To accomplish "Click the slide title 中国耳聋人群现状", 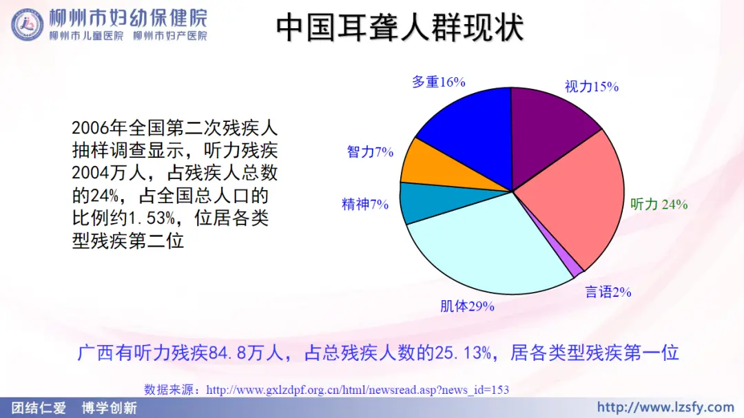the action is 400,28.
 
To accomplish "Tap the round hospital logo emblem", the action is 27,25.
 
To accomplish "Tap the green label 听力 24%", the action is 659,205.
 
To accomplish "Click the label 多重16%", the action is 438,82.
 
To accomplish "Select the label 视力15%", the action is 591,87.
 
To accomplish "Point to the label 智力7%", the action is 370,151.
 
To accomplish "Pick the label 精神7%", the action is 365,205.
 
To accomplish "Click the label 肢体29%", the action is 467,306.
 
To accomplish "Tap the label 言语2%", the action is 608,292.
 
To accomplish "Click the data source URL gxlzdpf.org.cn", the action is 358,390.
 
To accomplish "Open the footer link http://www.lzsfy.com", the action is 665,407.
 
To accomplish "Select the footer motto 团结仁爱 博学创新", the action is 74,408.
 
